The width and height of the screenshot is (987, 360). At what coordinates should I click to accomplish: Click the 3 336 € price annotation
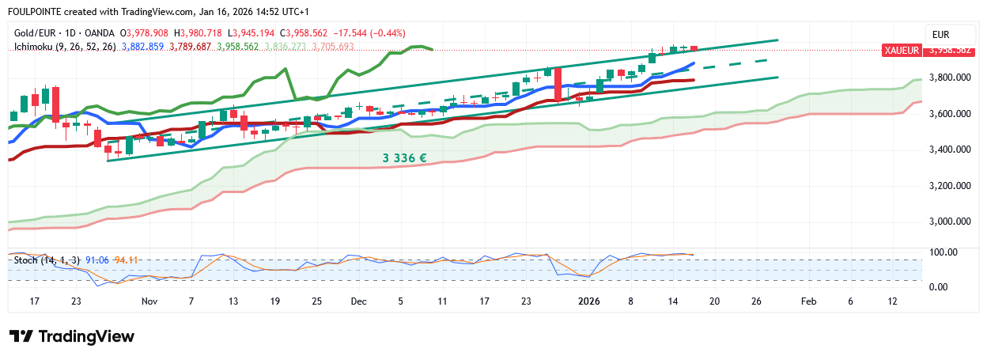tap(404, 158)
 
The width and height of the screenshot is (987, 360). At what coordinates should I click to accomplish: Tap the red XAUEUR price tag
tap(902, 50)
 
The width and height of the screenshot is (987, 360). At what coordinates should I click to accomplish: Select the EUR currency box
tap(941, 34)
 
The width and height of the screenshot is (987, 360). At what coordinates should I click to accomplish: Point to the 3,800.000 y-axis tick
tap(949, 78)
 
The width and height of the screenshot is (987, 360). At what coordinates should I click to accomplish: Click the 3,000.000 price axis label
tap(949, 222)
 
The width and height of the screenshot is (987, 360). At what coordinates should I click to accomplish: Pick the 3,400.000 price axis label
tap(949, 150)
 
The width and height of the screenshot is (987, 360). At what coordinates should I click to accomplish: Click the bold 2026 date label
tap(588, 301)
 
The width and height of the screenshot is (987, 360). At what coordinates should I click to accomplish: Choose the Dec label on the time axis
tap(359, 301)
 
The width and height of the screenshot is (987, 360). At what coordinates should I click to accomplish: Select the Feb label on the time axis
tap(807, 301)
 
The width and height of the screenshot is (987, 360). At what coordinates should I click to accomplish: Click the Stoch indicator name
tap(26, 260)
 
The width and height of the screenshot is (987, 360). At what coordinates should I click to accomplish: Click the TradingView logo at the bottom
tap(72, 336)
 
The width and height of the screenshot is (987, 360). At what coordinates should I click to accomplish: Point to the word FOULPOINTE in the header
tap(34, 12)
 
